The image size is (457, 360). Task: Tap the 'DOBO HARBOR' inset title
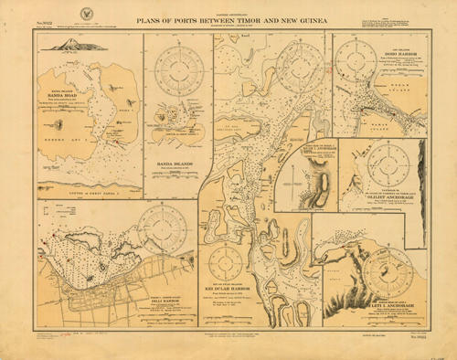point(395,54)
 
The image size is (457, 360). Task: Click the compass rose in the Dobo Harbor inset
point(353,60)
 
